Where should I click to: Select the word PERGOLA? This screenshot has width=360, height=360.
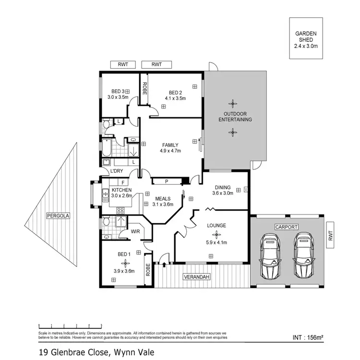58,216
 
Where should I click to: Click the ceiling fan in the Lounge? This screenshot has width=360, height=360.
216,234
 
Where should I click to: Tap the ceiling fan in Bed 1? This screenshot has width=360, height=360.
126,263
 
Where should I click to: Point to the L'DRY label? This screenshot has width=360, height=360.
117,171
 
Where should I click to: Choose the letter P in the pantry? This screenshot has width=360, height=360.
166,181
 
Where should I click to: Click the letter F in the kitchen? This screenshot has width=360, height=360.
123,182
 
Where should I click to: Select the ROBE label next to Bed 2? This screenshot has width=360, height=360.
144,89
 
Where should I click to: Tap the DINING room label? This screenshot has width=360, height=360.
223,187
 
